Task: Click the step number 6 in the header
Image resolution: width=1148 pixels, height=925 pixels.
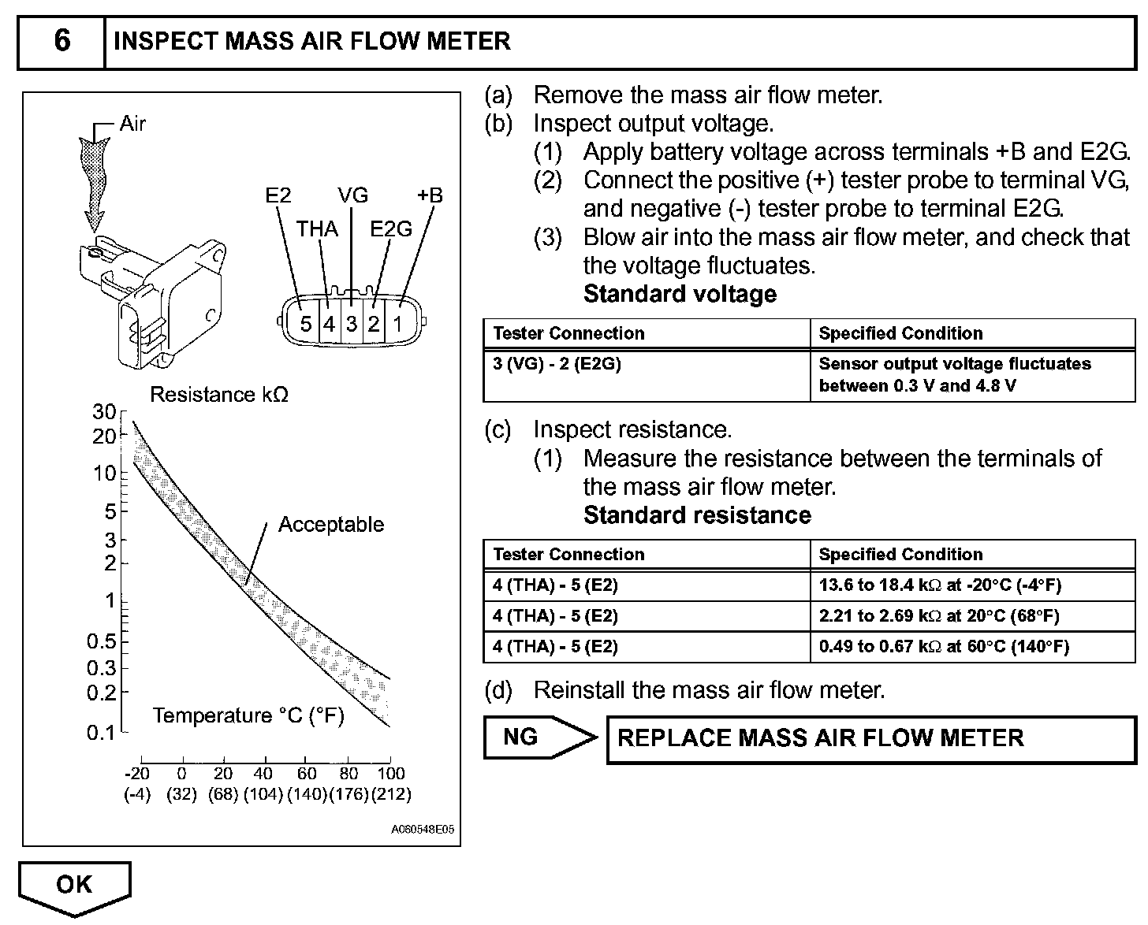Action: click(61, 40)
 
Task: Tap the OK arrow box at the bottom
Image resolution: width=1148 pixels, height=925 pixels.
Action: click(74, 885)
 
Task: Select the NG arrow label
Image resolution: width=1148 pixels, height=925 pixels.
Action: click(521, 737)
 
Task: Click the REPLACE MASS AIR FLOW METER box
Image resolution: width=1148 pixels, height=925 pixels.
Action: click(820, 738)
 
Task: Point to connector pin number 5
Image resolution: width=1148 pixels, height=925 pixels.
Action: click(306, 324)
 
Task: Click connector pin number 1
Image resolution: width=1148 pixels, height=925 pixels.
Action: click(398, 324)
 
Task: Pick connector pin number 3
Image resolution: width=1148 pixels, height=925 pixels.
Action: click(352, 324)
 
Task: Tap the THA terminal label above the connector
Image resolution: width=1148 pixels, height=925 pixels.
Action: click(317, 229)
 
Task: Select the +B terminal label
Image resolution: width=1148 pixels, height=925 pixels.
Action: click(430, 195)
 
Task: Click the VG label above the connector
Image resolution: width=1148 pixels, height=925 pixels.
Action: click(352, 195)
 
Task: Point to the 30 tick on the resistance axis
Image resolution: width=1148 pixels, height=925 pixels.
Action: click(104, 411)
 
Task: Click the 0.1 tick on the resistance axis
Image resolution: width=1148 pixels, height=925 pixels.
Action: click(102, 733)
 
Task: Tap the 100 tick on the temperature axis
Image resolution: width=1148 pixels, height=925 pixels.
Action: click(391, 773)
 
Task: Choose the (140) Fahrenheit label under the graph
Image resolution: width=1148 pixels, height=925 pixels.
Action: click(307, 793)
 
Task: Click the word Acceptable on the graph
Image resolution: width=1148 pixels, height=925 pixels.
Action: click(331, 525)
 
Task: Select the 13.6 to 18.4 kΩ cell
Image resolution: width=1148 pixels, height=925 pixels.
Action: click(940, 585)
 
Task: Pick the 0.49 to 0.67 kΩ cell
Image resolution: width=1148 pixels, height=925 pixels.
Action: click(944, 647)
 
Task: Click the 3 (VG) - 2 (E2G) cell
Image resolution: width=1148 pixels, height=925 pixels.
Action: click(557, 364)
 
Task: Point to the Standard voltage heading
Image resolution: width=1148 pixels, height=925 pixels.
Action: click(680, 294)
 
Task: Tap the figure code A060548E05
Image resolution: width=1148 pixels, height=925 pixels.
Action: click(422, 830)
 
